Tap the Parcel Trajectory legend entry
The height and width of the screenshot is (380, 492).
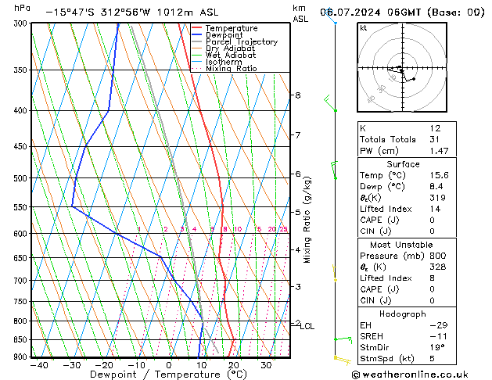point(241,41)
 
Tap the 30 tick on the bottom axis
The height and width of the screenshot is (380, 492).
point(266,365)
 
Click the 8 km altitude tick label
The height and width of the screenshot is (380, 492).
point(297,95)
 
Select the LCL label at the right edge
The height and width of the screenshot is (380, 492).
point(307,326)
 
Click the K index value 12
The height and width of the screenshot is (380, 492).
point(435,128)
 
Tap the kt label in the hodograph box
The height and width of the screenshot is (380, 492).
point(364,27)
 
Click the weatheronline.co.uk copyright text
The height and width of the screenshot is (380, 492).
point(415,375)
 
